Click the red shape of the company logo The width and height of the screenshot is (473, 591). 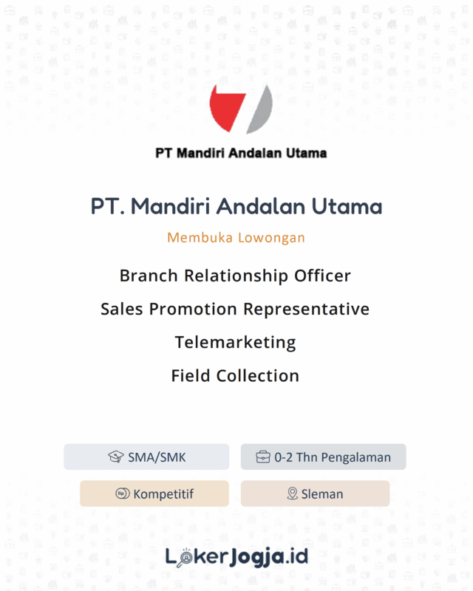pos(225,107)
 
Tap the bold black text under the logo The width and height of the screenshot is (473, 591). pos(241,154)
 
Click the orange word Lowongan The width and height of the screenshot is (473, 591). pos(272,238)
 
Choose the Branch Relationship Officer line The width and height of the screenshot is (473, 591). pos(235,276)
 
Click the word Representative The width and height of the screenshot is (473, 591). pos(306,309)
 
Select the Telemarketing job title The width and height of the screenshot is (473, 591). pos(235,342)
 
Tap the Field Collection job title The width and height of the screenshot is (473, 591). pos(235,375)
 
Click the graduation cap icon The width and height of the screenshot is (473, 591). pos(116,457)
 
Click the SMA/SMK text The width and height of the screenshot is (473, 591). pos(157,457)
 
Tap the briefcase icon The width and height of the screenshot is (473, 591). pos(263,457)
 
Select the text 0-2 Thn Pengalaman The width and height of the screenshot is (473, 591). pos(332,457)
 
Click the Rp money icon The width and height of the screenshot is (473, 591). pos(123,493)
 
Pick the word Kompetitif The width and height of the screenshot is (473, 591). pos(163,494)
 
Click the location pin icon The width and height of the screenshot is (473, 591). pos(292,493)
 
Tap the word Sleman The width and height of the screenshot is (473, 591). pos(322,494)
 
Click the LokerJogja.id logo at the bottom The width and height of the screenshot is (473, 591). pos(236,556)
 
